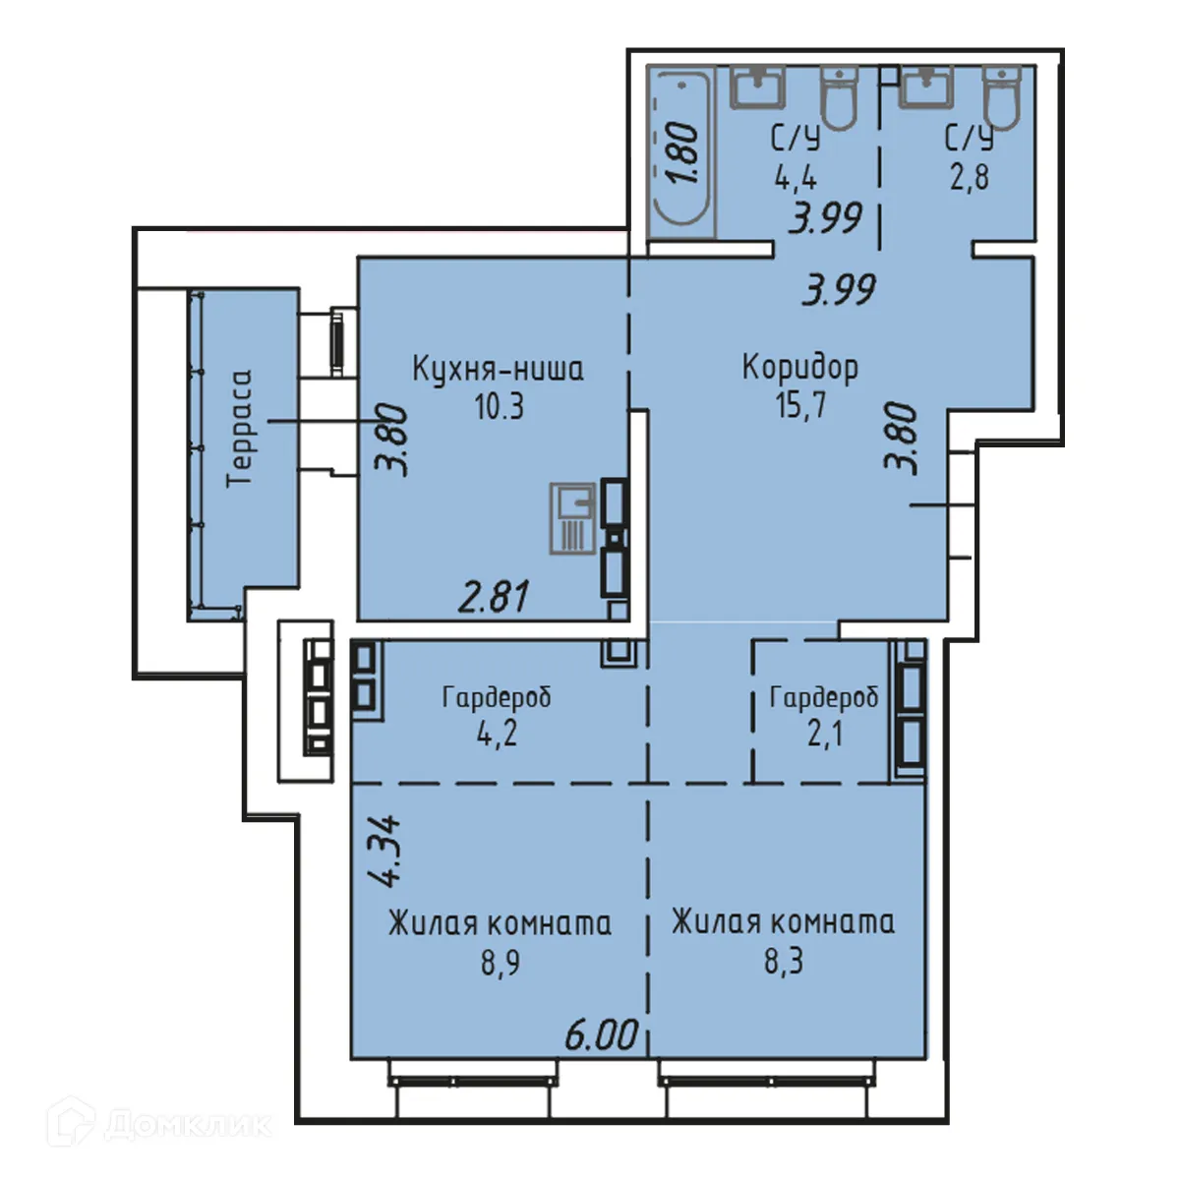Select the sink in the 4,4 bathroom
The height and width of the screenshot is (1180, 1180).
point(756,88)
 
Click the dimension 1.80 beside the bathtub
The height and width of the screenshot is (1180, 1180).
point(682,152)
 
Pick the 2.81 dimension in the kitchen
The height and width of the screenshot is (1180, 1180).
point(495,596)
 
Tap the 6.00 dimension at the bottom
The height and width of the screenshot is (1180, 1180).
point(601,1033)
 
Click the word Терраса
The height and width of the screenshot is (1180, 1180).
point(239,428)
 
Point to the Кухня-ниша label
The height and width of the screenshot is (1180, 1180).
point(498,369)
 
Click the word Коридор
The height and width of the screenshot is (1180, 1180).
point(799,367)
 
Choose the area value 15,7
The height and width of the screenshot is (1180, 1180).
point(800,404)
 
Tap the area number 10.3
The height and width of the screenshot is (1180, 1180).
point(499,405)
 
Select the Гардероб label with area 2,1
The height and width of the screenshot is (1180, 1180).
point(823,697)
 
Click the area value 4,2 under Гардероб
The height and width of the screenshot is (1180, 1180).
point(497,734)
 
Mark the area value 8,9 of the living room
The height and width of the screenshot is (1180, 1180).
point(500,961)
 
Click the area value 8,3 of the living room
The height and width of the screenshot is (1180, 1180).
point(784,960)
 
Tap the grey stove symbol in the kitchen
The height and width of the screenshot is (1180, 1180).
point(571,518)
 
